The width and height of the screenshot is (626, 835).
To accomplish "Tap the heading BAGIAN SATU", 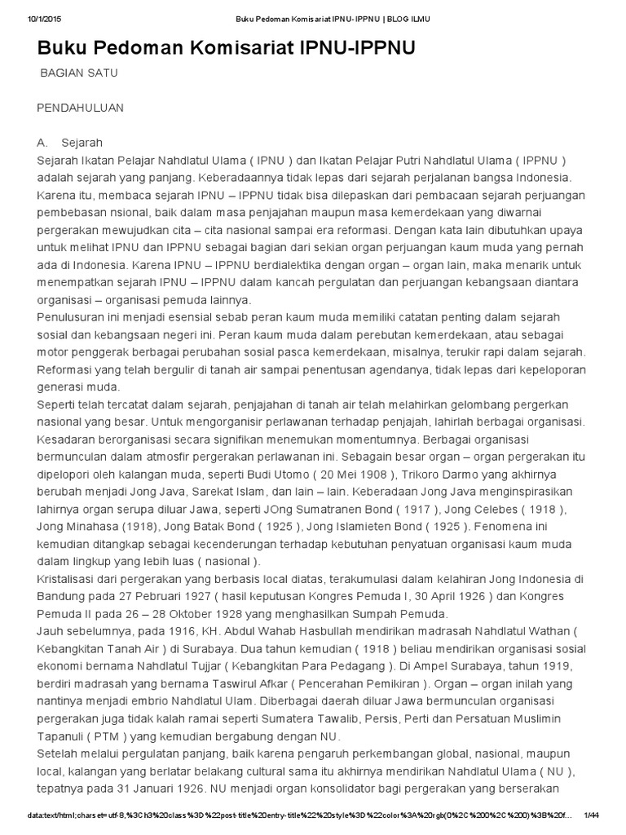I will pyautogui.click(x=80, y=73).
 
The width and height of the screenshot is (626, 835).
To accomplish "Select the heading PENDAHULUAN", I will pyautogui.click(x=81, y=108).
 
